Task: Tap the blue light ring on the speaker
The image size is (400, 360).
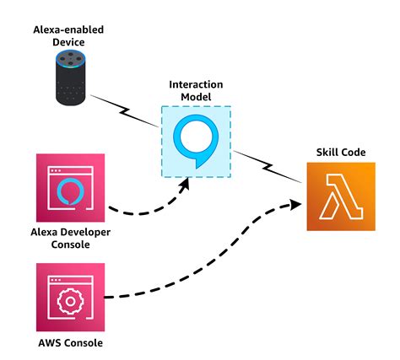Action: (71, 60)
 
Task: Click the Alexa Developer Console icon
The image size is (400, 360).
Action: (71, 187)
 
